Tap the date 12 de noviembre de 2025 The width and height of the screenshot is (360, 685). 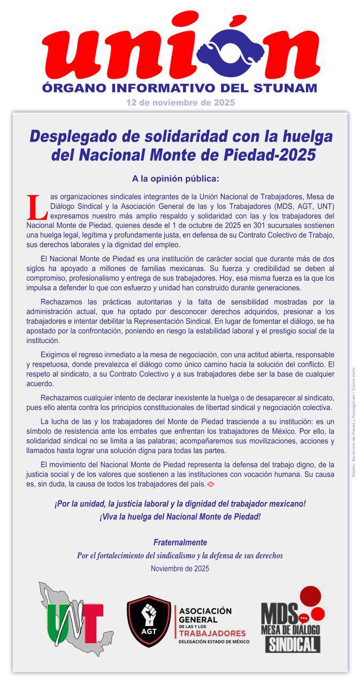180,102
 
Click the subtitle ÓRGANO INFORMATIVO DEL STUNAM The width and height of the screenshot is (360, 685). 180,88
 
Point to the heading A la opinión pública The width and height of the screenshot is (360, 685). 175,178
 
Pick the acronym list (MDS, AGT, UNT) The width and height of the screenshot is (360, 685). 303,206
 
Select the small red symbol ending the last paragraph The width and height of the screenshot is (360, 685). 211,484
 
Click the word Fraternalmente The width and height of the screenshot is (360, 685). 180,543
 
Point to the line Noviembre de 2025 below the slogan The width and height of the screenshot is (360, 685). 180,568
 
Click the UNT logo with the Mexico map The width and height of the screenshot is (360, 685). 75,620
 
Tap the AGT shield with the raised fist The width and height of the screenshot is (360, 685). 149,621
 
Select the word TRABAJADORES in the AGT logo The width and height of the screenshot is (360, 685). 212,633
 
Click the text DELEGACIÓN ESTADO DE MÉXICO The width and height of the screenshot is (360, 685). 213,641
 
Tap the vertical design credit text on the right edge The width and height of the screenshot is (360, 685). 354,423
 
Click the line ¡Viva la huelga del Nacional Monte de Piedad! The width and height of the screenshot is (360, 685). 180,517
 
